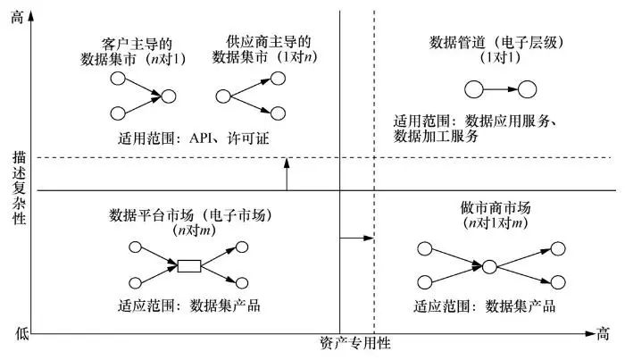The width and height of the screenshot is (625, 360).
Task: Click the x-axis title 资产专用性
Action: pos(354,343)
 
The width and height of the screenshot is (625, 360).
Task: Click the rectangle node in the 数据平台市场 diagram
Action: pos(189,265)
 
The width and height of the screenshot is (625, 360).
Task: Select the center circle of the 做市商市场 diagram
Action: pos(488,265)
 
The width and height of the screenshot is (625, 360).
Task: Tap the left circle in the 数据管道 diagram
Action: pos(474,88)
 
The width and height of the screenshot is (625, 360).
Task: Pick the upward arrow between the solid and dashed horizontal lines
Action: pos(286,173)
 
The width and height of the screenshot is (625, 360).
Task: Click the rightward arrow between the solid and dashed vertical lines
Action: pos(357,239)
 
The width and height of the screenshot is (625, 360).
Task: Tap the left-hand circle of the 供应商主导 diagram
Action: pos(223,96)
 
